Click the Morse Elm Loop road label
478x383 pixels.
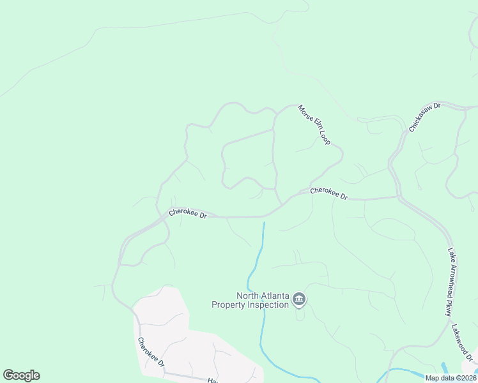pyautogui.click(x=314, y=124)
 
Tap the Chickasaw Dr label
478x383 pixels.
pyautogui.click(x=425, y=116)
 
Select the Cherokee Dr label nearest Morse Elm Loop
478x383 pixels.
pyautogui.click(x=328, y=193)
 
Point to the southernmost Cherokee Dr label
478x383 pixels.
pyautogui.click(x=152, y=352)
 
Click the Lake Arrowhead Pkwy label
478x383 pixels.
pyautogui.click(x=450, y=282)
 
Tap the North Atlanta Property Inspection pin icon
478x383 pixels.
pyautogui.click(x=299, y=299)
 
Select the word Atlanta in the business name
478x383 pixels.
pyautogui.click(x=277, y=296)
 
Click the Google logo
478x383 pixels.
pyautogui.click(x=21, y=375)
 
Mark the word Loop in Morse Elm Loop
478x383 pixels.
pyautogui.click(x=324, y=136)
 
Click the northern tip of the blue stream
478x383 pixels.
pyautogui.click(x=264, y=223)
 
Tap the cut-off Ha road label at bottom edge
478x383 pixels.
pyautogui.click(x=212, y=380)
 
